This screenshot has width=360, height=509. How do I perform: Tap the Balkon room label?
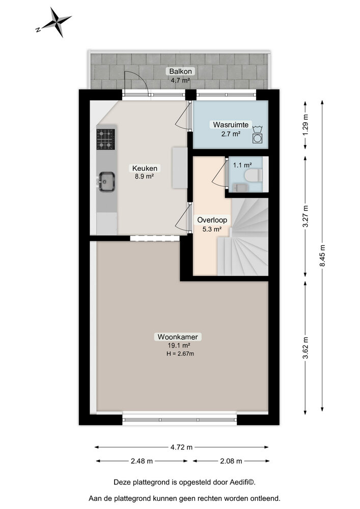click(180, 71)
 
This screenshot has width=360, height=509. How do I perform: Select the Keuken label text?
click(145, 168)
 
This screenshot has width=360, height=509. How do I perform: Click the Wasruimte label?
click(231, 125)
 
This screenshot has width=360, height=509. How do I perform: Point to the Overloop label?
click(212, 220)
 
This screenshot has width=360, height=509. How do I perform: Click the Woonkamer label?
click(178, 336)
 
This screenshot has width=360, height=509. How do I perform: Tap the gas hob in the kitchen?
click(105, 139)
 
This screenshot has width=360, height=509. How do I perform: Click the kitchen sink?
click(106, 182)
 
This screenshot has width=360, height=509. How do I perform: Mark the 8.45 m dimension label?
click(322, 256)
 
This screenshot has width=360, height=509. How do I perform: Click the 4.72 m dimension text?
click(181, 447)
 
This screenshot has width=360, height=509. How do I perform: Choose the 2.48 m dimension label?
click(142, 461)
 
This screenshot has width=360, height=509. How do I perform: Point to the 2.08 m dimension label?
click(231, 461)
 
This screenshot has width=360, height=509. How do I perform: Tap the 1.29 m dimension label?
click(305, 125)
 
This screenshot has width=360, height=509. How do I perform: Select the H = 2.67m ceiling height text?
click(180, 354)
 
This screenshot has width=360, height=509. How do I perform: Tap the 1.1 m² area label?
click(242, 165)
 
